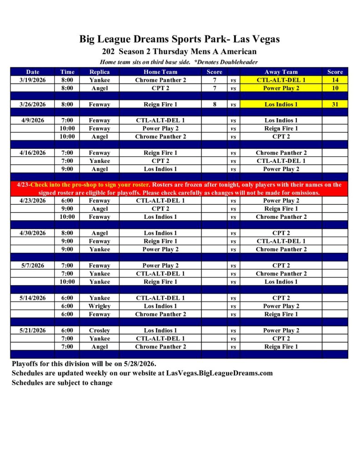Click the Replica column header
click(x=99, y=72)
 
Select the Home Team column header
click(x=160, y=72)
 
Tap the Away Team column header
click(x=281, y=72)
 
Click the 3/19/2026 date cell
click(x=33, y=80)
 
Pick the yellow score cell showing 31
click(x=335, y=104)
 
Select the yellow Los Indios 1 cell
click(x=281, y=104)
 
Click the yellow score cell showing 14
click(x=335, y=80)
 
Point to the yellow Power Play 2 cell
click(x=281, y=88)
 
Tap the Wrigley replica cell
click(x=99, y=306)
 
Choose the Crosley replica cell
click(x=99, y=331)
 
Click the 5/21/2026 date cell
click(x=33, y=331)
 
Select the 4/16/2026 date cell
click(x=33, y=153)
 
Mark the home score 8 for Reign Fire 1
click(x=215, y=104)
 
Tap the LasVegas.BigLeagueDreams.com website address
click(x=220, y=373)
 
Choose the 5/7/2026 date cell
click(x=33, y=266)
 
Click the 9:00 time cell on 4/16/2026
click(x=67, y=169)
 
